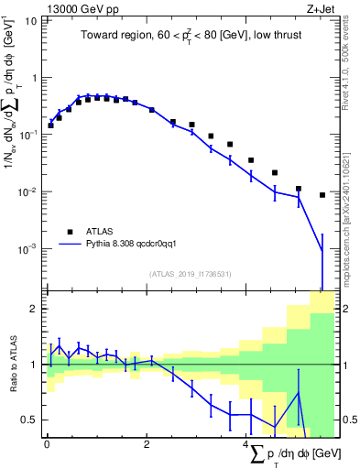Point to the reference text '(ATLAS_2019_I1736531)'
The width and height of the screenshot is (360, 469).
pos(189,273)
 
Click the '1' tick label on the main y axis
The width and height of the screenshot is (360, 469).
pos(34,78)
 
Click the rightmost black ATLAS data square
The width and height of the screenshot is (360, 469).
pos(322,195)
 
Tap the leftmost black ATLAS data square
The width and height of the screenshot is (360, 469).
pos(50,125)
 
